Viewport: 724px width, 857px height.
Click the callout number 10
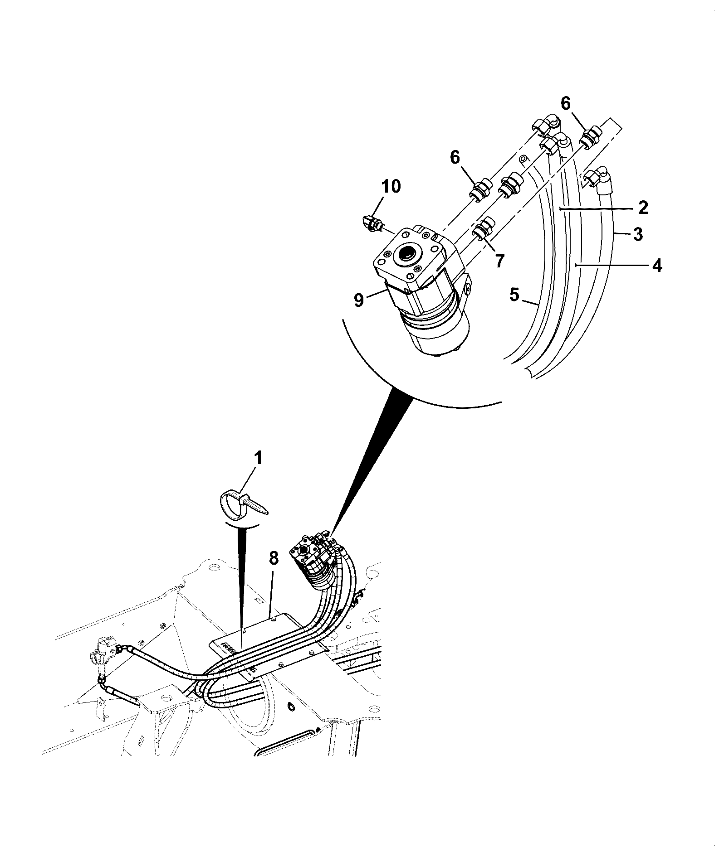pos(391,186)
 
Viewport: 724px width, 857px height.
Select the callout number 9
pos(359,300)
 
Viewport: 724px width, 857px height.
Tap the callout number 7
pos(499,261)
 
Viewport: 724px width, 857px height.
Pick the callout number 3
pos(638,235)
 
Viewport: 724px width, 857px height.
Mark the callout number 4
pos(656,265)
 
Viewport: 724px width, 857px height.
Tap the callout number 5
pos(514,295)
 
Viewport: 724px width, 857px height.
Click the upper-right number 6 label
pos(566,103)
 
